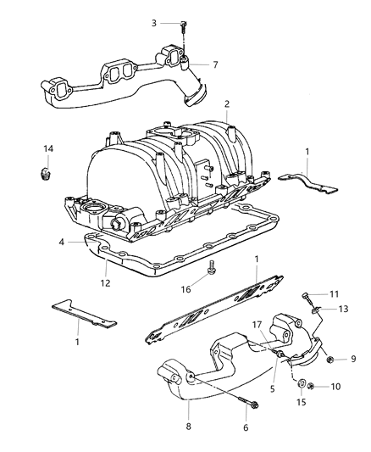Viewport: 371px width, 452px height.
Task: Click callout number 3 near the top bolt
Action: tap(155, 23)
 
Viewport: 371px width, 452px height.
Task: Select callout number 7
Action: tap(215, 64)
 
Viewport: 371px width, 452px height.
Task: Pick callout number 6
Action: tap(246, 428)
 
